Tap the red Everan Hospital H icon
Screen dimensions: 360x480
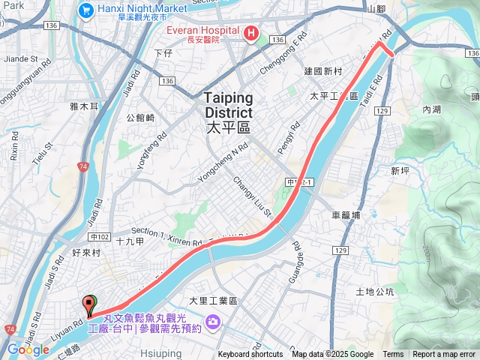pyautogui.click(x=250, y=32)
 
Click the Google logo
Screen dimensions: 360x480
pyautogui.click(x=28, y=349)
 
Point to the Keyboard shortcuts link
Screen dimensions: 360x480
pyautogui.click(x=250, y=355)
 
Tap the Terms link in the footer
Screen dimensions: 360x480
pyautogui.click(x=393, y=355)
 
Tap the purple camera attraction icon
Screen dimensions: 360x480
pyautogui.click(x=213, y=322)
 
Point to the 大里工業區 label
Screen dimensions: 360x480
pyautogui.click(x=213, y=301)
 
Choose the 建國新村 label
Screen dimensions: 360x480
pyautogui.click(x=323, y=71)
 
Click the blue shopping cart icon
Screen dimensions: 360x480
pyautogui.click(x=85, y=10)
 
